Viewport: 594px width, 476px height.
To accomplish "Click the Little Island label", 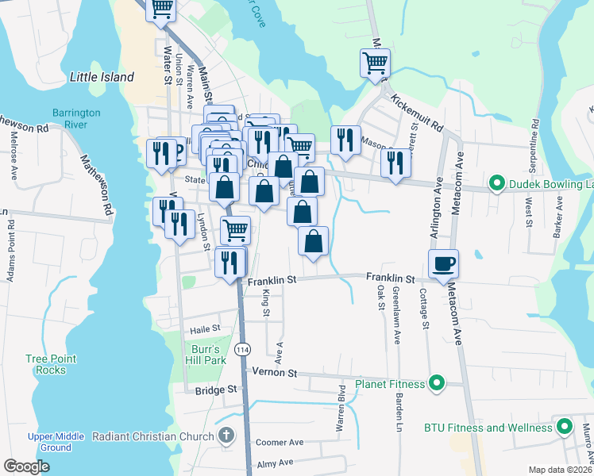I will click(x=102, y=77).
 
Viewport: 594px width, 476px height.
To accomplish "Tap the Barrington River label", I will click(x=76, y=119).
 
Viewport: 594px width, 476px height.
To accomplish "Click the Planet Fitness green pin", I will click(x=436, y=385).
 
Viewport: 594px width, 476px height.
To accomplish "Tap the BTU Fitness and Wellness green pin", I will click(x=565, y=428).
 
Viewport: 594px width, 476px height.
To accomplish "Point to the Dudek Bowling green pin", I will click(x=497, y=185).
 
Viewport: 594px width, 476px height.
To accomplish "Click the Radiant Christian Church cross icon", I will click(x=226, y=436).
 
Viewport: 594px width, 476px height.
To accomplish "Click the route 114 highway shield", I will click(x=243, y=349).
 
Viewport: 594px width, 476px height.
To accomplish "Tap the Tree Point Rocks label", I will click(x=51, y=364).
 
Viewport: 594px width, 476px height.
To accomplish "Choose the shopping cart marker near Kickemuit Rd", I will click(x=375, y=62).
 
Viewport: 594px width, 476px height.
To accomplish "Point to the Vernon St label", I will click(x=275, y=372).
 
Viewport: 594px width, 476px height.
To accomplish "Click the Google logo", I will click(x=27, y=466).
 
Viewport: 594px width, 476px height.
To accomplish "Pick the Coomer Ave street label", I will click(x=280, y=442).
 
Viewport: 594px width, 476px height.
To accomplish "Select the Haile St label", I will click(x=204, y=328).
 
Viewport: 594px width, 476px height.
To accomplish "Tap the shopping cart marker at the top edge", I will click(x=162, y=10).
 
